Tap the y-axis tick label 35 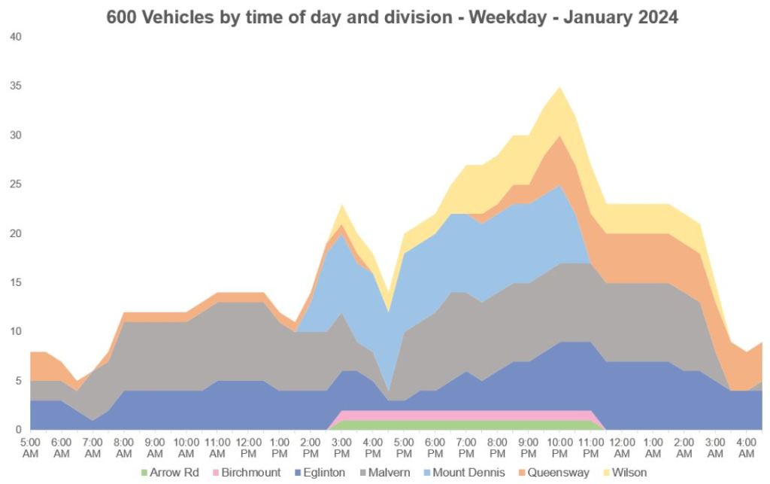[x=16, y=86]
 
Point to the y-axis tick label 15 [x=16, y=282]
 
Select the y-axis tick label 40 [x=16, y=37]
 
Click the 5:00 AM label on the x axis [x=31, y=448]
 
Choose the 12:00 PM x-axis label [x=248, y=448]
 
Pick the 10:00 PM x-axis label [x=559, y=448]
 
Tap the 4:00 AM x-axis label [x=746, y=448]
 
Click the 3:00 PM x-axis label [x=341, y=448]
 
